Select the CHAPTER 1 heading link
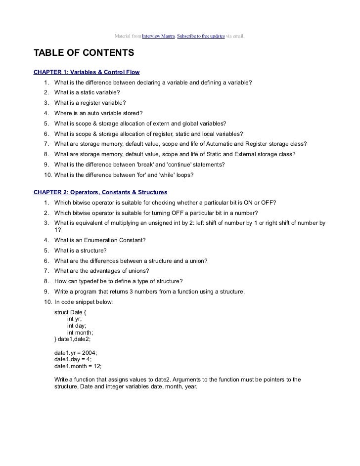(87, 72)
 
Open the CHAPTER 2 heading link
(100, 192)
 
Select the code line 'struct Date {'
(72, 312)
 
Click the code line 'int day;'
(78, 326)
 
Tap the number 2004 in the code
(89, 353)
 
